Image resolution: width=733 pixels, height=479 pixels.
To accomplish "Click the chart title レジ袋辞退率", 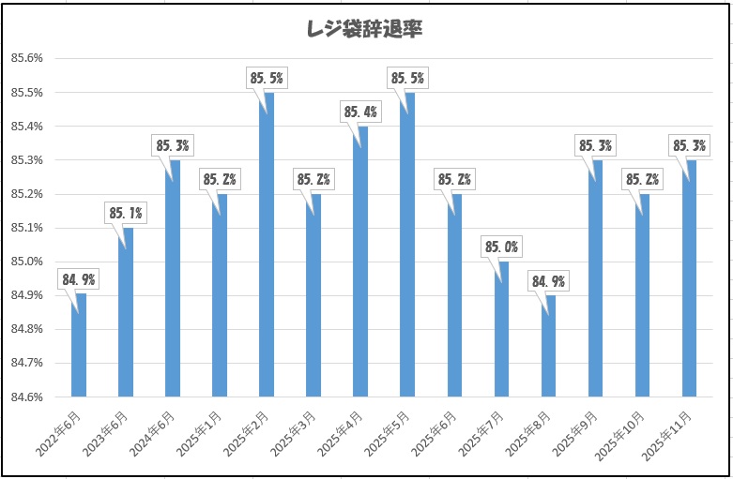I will tap(366, 29).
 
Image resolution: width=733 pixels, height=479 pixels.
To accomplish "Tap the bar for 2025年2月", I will tap(267, 244).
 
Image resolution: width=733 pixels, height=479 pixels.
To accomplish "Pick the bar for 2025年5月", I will tap(407, 244).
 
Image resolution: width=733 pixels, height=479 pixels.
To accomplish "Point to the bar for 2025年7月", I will tap(501, 328).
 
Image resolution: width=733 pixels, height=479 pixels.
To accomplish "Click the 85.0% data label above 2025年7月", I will tap(501, 247).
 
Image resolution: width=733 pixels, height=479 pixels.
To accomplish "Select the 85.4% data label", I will tap(360, 112).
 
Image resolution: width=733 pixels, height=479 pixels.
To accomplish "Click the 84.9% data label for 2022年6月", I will tap(79, 279).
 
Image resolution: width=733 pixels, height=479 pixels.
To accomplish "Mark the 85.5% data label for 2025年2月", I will tap(267, 79).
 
